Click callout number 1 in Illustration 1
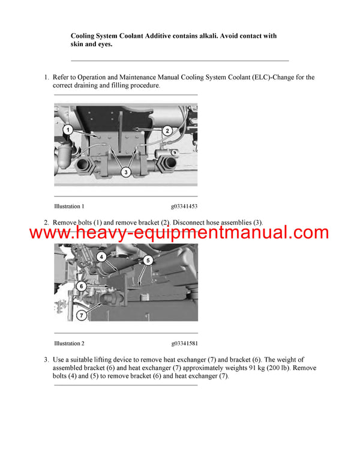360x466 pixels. [x=68, y=130]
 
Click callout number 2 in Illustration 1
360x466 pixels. [x=167, y=130]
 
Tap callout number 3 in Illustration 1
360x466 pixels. [x=125, y=172]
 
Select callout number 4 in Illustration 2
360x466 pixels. [x=103, y=258]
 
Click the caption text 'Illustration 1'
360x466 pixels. [x=69, y=206]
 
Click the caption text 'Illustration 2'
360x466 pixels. [x=69, y=343]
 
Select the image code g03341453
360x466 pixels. [x=184, y=206]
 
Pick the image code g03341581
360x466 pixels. [x=184, y=343]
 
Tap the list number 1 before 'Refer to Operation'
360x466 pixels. [x=46, y=77]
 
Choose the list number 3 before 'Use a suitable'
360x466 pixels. [x=46, y=359]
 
